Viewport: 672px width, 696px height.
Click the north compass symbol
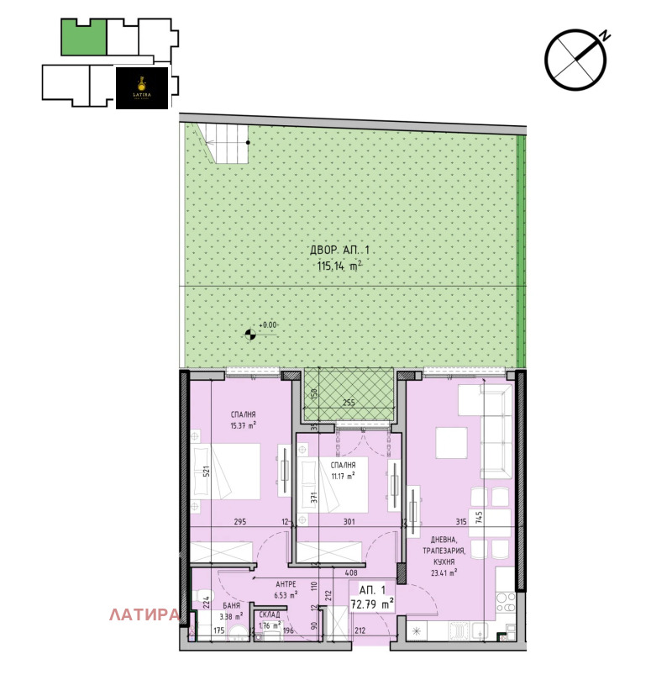[576, 60]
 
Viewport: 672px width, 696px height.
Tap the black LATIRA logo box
[141, 87]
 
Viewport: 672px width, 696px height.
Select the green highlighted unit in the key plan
[84, 38]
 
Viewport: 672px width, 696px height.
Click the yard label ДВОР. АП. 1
[339, 250]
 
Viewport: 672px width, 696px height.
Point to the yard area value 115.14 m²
[339, 266]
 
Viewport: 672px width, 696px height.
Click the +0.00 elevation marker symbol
[250, 335]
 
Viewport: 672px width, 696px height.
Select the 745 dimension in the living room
[479, 518]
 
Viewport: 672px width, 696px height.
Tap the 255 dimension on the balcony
[348, 403]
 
